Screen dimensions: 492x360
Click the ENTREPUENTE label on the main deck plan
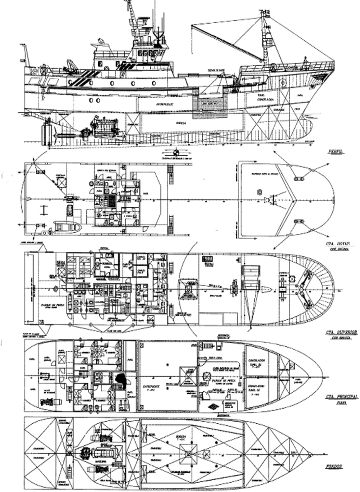tap(150, 378)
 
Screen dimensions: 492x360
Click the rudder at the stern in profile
tap(48, 133)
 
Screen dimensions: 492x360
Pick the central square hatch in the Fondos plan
tap(190, 452)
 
